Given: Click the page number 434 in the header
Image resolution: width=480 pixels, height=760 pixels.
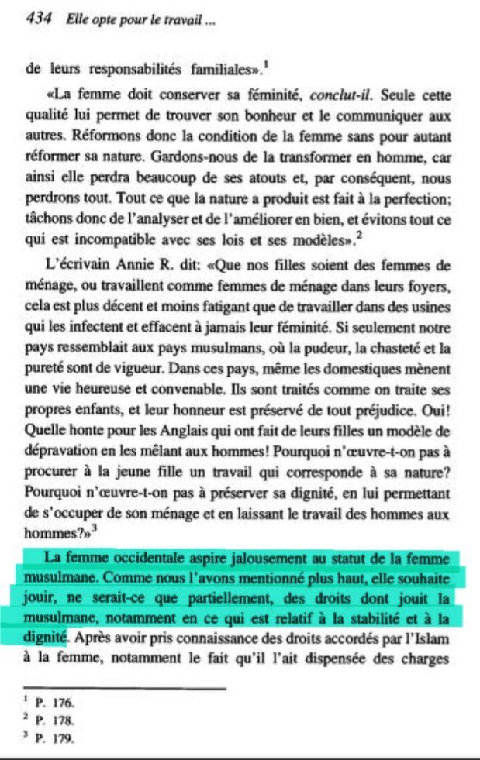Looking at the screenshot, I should tap(38, 20).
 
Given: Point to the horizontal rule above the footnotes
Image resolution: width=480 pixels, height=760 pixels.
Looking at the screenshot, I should tap(124, 688).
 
